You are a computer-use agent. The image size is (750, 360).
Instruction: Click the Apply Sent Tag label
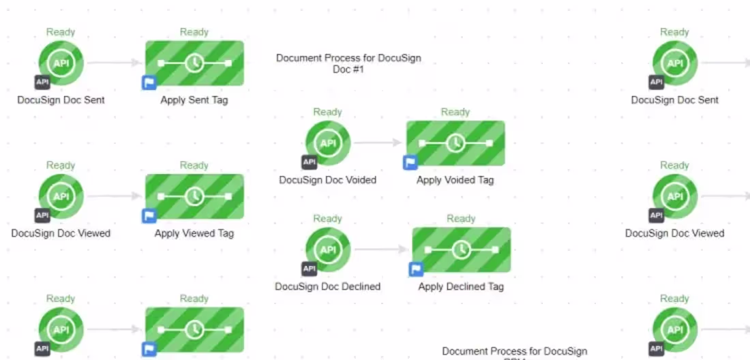click(x=194, y=100)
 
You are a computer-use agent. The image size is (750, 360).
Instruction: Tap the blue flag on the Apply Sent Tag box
click(x=149, y=82)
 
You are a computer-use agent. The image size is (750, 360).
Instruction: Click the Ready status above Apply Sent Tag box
click(x=194, y=32)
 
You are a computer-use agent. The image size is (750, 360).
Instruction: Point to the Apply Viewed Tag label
click(x=194, y=234)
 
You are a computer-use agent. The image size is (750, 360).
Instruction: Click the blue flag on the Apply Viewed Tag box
click(x=149, y=216)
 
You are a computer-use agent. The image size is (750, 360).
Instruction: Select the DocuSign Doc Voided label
click(x=327, y=181)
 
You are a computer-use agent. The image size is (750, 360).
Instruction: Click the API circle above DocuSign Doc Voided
click(x=328, y=143)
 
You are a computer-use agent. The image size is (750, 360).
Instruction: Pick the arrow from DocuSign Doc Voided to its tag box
click(x=378, y=143)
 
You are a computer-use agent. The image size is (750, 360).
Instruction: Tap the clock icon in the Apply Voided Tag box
click(x=455, y=143)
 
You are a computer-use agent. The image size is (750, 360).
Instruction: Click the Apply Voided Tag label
click(x=455, y=181)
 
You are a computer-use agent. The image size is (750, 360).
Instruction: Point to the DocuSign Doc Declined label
click(x=327, y=287)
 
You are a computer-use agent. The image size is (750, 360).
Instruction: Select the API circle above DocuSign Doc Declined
click(x=328, y=250)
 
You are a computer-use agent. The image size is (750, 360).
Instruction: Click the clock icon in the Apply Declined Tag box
click(x=462, y=250)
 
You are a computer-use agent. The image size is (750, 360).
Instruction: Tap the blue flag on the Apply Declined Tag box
click(x=416, y=269)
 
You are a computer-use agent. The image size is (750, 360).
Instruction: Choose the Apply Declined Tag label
click(x=461, y=287)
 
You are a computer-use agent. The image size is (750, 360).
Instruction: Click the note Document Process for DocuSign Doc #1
click(x=348, y=63)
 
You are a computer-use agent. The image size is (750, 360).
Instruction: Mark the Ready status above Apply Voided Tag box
click(x=455, y=112)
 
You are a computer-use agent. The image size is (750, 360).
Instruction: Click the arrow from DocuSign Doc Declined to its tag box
click(x=380, y=250)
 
